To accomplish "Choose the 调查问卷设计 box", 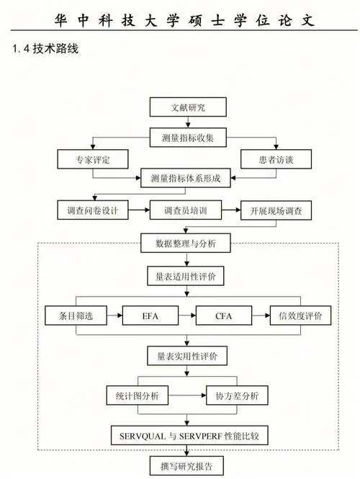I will [x=92, y=211].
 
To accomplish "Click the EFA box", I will [x=150, y=316].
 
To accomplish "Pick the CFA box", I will [x=225, y=316].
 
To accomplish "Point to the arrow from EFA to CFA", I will [x=187, y=316].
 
